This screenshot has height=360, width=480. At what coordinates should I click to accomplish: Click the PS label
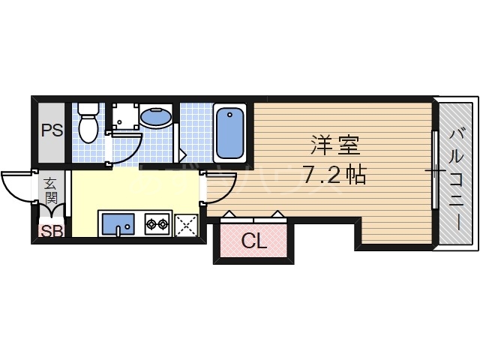[52, 130]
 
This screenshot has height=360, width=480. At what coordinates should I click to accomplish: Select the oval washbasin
[155, 117]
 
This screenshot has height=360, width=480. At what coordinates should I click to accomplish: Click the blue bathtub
[229, 133]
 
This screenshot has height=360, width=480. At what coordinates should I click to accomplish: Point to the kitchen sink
[118, 223]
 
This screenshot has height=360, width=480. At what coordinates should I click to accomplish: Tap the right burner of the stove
[161, 223]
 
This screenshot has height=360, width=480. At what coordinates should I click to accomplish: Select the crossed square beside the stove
[185, 225]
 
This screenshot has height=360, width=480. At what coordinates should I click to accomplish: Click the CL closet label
[253, 241]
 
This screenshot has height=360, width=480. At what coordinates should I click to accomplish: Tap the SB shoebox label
[52, 231]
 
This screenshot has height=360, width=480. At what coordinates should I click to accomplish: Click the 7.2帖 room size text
[334, 175]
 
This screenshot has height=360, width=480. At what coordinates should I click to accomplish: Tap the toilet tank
[87, 109]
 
